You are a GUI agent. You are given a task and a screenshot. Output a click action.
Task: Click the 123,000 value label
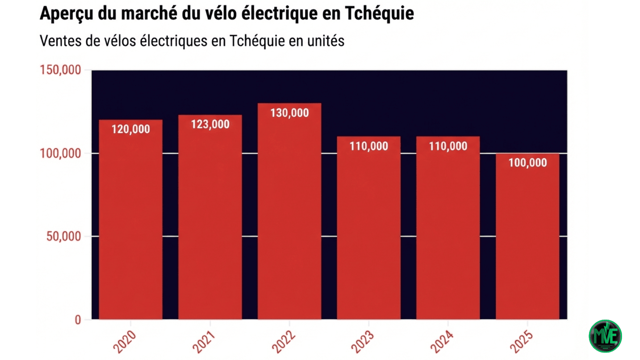click(210, 124)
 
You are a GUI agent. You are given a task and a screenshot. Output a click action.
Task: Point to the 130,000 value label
click(289, 113)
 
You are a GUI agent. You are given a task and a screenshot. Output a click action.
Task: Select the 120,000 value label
click(131, 129)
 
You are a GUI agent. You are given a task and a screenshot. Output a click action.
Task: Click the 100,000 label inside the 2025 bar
click(527, 163)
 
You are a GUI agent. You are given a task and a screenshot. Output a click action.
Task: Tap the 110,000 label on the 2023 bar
click(369, 146)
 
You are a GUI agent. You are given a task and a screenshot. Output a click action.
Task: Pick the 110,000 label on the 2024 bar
click(448, 146)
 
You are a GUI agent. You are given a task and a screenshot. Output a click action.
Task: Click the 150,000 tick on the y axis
click(60, 70)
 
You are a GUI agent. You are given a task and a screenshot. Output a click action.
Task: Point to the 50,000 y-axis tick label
click(63, 236)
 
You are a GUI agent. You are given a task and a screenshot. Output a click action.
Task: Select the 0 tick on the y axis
click(78, 320)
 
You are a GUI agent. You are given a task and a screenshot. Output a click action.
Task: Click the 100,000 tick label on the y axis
click(60, 153)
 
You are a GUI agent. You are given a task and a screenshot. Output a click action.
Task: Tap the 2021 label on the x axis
click(204, 342)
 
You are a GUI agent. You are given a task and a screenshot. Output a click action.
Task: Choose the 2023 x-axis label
click(362, 342)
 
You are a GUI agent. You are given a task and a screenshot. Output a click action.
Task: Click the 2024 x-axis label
click(442, 342)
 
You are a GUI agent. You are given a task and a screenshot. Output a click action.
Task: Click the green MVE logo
click(605, 336)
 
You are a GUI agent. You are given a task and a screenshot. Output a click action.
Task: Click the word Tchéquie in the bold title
click(379, 13)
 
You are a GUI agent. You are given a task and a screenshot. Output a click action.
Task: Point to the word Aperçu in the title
click(66, 14)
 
